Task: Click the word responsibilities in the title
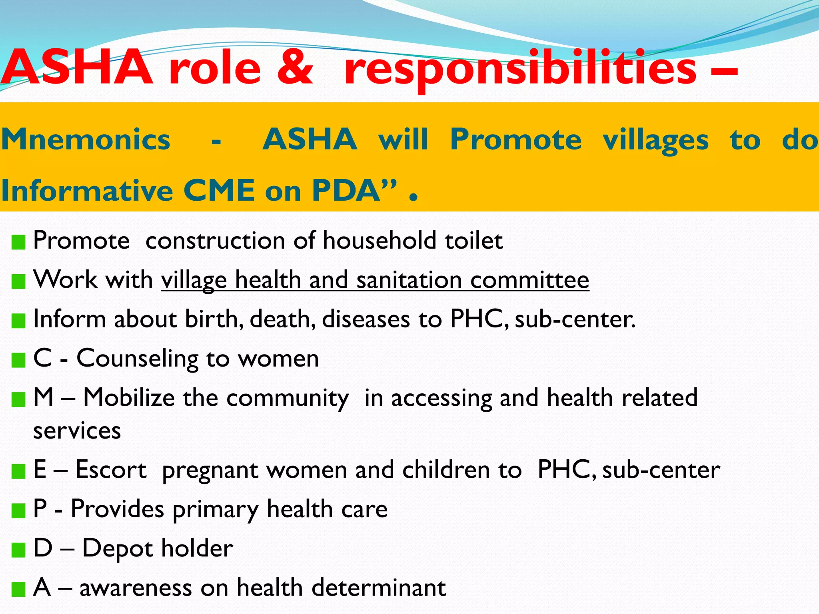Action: click(520, 69)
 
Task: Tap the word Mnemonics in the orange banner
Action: click(86, 140)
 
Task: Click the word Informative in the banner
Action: click(87, 191)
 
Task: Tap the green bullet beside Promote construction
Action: click(18, 242)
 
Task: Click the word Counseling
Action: click(137, 359)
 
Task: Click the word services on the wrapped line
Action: click(77, 431)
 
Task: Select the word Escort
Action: click(111, 469)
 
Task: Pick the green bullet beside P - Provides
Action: click(18, 510)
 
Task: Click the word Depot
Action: click(117, 548)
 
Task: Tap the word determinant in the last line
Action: click(378, 588)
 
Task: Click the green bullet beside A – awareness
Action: click(18, 589)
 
